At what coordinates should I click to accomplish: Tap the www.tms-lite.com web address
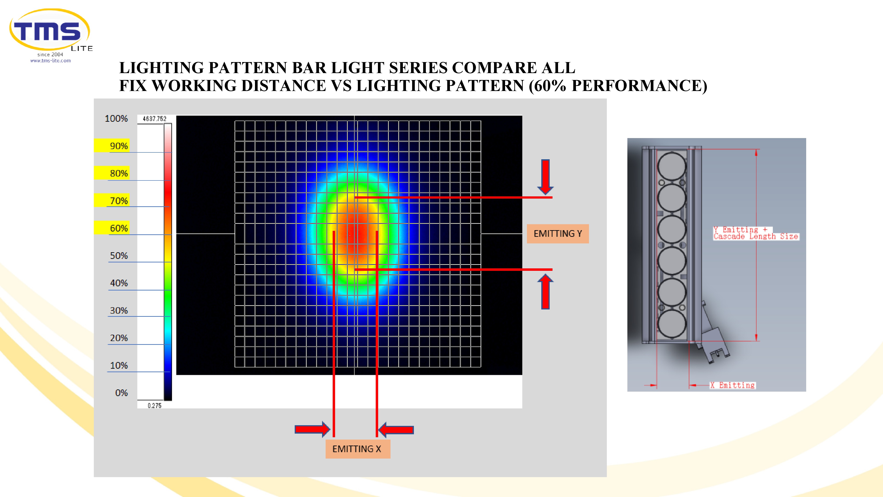click(x=50, y=61)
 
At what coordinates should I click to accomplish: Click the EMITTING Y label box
click(x=558, y=233)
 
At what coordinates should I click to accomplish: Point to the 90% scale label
click(x=119, y=146)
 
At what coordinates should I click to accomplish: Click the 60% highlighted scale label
click(x=119, y=228)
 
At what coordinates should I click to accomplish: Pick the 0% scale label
click(x=121, y=393)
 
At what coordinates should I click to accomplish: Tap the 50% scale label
click(x=119, y=256)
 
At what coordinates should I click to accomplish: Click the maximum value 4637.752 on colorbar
click(x=155, y=119)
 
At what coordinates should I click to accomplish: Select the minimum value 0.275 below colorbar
click(x=155, y=405)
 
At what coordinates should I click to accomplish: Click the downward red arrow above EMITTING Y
click(x=545, y=177)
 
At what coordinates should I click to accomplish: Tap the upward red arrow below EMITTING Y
click(x=545, y=292)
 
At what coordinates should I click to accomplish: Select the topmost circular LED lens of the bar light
click(x=672, y=166)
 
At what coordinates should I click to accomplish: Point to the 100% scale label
click(x=116, y=118)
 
